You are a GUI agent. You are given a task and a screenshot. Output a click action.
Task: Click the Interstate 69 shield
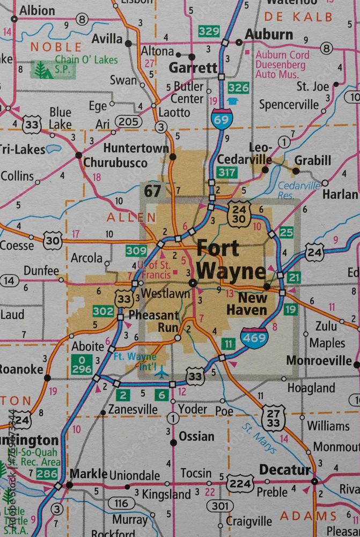tap(221, 118)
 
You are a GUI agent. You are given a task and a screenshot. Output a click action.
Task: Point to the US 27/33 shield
tap(274, 418)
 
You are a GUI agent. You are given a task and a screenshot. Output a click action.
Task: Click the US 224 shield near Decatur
tap(240, 483)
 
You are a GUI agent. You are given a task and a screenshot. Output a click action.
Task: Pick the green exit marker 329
tap(209, 31)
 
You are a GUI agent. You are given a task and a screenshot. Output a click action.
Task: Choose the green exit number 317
tap(227, 172)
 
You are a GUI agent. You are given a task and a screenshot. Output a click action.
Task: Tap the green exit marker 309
tap(136, 250)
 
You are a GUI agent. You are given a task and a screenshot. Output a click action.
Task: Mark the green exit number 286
tap(47, 473)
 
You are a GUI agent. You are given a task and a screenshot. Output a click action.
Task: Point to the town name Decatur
tap(285, 470)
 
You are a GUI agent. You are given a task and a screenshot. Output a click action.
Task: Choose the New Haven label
tap(246, 303)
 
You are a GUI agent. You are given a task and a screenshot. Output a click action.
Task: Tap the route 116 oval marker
tap(121, 503)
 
